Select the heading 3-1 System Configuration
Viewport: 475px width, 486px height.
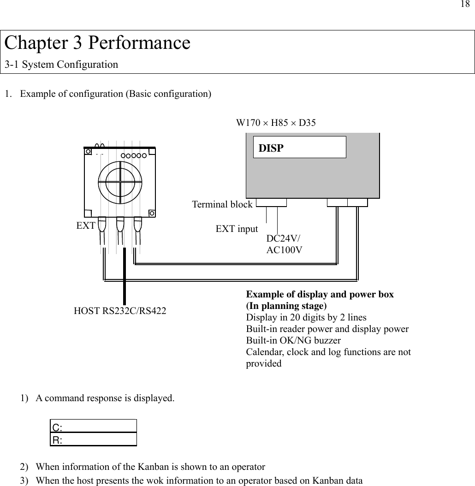tap(61, 65)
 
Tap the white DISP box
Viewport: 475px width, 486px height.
tap(300, 147)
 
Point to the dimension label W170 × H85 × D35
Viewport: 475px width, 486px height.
tap(276, 123)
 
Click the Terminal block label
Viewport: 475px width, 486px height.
tap(222, 204)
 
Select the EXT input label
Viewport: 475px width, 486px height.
tap(237, 229)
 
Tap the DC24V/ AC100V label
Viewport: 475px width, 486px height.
tap(284, 244)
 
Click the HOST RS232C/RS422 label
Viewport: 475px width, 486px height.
tap(120, 311)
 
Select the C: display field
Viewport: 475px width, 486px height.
tap(94, 426)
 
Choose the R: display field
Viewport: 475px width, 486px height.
tap(94, 439)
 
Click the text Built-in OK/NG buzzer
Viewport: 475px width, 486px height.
tap(293, 341)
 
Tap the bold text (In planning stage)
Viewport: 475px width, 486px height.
tap(286, 306)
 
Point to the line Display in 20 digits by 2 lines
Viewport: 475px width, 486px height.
tap(306, 318)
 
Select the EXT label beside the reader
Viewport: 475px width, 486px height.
tap(85, 226)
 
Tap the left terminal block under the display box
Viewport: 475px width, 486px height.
tap(271, 202)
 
